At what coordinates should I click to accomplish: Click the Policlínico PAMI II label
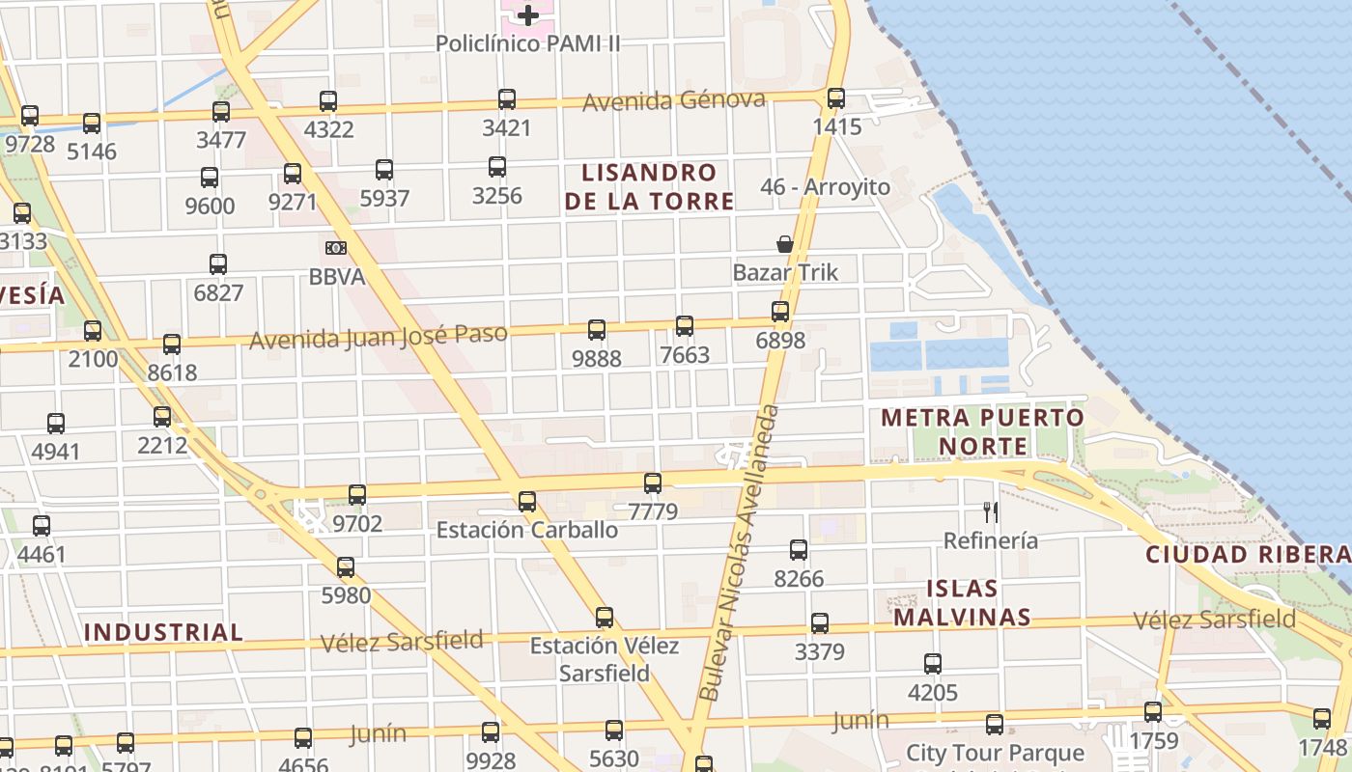pyautogui.click(x=527, y=43)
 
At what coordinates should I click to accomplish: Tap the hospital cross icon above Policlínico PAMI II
pyautogui.click(x=528, y=14)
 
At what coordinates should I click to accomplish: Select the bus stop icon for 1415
pyautogui.click(x=836, y=98)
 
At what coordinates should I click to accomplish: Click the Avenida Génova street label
pyautogui.click(x=674, y=100)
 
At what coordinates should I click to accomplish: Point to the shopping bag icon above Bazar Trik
pyautogui.click(x=785, y=244)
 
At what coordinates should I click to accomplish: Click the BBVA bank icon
pyautogui.click(x=336, y=248)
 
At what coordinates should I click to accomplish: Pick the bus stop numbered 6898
pyautogui.click(x=780, y=312)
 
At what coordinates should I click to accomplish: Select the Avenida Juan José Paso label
pyautogui.click(x=379, y=337)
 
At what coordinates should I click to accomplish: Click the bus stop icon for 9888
pyautogui.click(x=597, y=330)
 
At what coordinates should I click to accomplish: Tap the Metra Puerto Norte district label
pyautogui.click(x=983, y=431)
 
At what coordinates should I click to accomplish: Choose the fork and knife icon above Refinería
pyautogui.click(x=991, y=511)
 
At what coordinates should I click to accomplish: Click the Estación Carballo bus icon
pyautogui.click(x=527, y=502)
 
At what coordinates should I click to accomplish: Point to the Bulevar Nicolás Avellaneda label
pyautogui.click(x=740, y=553)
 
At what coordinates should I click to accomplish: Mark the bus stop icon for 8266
pyautogui.click(x=799, y=550)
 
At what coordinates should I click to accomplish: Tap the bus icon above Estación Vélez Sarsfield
pyautogui.click(x=605, y=618)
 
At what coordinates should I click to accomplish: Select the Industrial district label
pyautogui.click(x=163, y=632)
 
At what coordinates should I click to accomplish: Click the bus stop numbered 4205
pyautogui.click(x=933, y=664)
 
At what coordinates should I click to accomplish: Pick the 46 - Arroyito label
pyautogui.click(x=825, y=187)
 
